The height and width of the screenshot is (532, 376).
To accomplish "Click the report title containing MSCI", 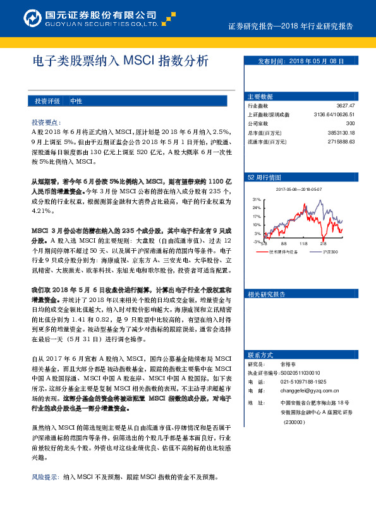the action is (x=119, y=62).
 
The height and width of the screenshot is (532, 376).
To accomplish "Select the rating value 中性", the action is (x=76, y=101).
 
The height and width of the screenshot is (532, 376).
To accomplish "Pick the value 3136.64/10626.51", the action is (x=334, y=114).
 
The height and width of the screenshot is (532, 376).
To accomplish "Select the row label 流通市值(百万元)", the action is (x=269, y=142).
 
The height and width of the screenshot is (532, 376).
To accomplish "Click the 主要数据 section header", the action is (x=260, y=97).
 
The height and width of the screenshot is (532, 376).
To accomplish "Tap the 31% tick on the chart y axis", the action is (x=257, y=199).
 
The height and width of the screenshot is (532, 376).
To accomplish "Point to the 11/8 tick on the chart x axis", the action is (x=303, y=243).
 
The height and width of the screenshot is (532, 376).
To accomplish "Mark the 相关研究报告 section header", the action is (x=267, y=294).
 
